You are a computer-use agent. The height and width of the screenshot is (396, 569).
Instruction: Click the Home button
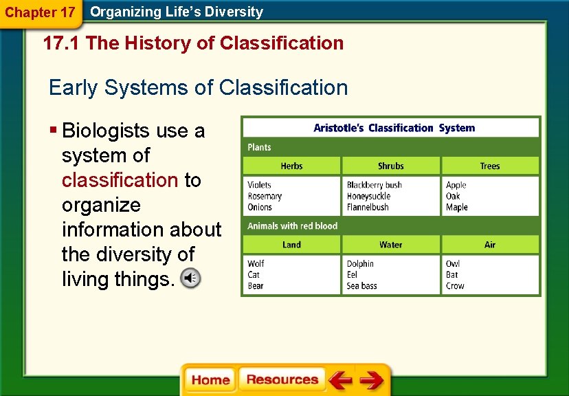[210, 380]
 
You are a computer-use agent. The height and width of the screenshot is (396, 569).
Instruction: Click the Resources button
[282, 380]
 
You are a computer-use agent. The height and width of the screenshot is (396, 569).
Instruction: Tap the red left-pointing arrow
[340, 380]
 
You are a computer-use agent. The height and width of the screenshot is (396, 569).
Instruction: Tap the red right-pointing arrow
[372, 380]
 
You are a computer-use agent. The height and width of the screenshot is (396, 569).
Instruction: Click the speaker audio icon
[190, 278]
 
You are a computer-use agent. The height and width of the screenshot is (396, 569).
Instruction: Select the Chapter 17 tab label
[40, 12]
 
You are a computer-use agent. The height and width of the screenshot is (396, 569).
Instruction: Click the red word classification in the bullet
[120, 180]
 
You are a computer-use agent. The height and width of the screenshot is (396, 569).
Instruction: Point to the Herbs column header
[292, 166]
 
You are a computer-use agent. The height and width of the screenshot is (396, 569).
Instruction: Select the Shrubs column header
[391, 166]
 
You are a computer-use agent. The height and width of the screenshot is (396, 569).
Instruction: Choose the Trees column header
[490, 166]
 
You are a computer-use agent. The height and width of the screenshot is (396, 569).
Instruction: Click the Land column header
[292, 245]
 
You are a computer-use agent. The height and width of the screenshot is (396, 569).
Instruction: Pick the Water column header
[391, 245]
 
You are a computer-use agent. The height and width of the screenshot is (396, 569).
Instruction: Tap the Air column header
[490, 245]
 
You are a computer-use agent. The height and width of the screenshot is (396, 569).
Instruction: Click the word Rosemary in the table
[265, 196]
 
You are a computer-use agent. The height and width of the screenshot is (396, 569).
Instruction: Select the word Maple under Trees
[456, 207]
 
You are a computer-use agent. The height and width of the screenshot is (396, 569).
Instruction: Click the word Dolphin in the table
[360, 263]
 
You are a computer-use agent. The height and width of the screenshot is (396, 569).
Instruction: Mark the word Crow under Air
[455, 286]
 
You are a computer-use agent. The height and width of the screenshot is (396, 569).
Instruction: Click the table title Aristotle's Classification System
[394, 128]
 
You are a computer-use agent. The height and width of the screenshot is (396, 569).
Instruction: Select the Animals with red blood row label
[292, 225]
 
